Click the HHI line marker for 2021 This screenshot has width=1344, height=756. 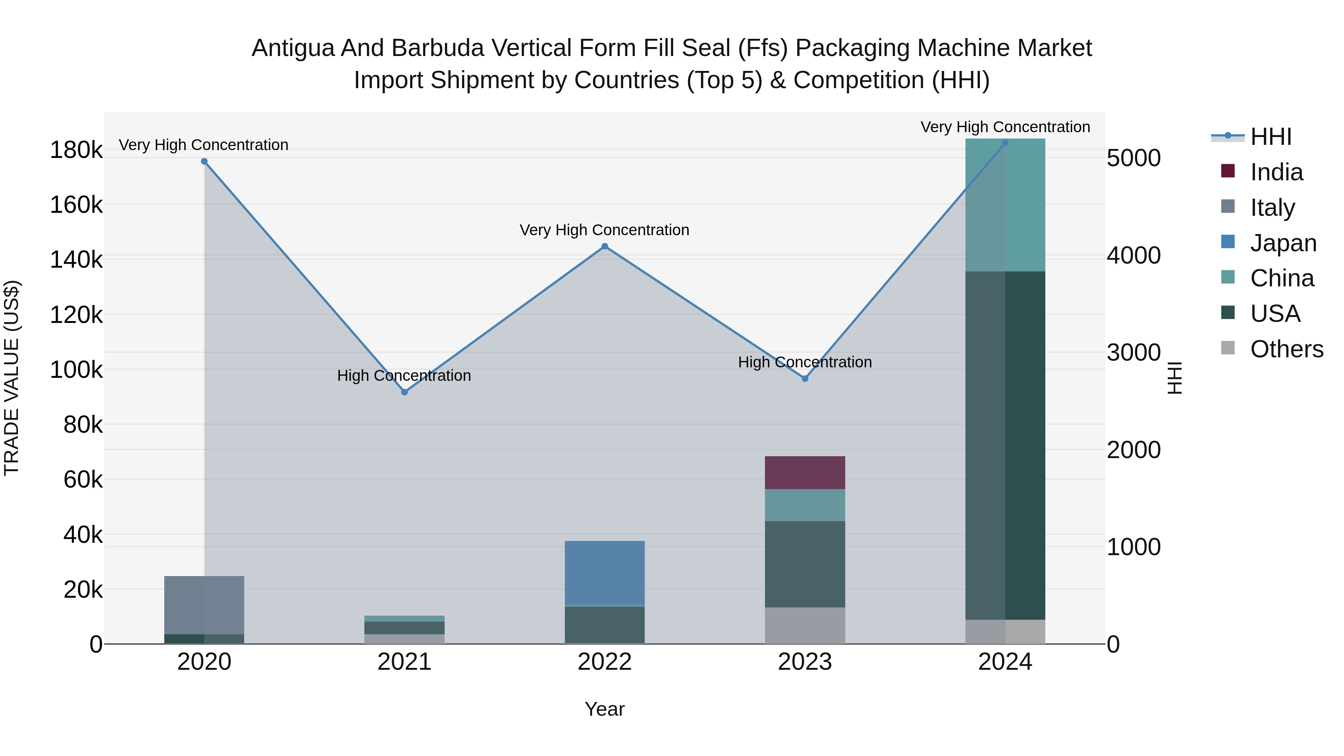(x=404, y=392)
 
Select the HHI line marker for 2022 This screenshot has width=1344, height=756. (x=605, y=246)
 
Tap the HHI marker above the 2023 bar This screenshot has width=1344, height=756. (x=805, y=378)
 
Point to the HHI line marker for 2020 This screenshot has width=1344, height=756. (x=204, y=161)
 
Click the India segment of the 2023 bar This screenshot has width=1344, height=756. (x=805, y=473)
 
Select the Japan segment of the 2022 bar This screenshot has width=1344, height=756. (x=605, y=572)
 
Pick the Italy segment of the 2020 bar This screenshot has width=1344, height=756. (x=204, y=605)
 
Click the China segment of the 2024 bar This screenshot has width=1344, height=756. (x=1005, y=205)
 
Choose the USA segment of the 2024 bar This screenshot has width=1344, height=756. (x=1005, y=445)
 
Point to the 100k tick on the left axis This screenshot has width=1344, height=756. (x=76, y=370)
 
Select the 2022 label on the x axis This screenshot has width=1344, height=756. (x=605, y=662)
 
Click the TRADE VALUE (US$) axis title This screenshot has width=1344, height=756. (x=12, y=378)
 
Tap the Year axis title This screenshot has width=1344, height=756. (x=605, y=709)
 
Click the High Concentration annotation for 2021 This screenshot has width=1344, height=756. (x=404, y=376)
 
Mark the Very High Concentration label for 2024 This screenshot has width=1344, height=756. (x=1005, y=127)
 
